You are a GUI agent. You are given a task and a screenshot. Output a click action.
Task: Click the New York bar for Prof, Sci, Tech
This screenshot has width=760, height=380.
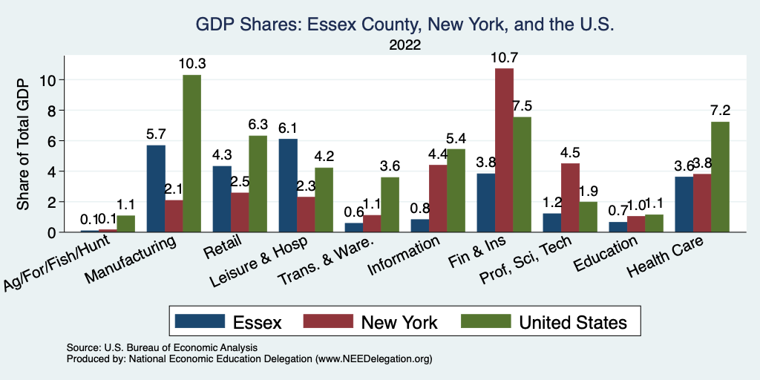click(570, 197)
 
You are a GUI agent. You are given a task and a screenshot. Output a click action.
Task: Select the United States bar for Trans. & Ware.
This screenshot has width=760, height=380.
click(390, 204)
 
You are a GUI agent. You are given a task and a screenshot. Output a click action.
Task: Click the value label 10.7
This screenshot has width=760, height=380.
click(504, 56)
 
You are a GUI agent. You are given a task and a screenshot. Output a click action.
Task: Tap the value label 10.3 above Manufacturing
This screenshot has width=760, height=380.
click(191, 63)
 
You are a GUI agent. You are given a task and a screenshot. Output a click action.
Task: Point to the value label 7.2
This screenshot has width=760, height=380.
click(720, 110)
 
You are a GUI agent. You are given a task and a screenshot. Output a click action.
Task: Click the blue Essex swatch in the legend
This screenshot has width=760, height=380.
click(200, 321)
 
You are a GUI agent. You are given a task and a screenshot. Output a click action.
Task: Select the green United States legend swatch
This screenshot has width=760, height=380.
click(485, 321)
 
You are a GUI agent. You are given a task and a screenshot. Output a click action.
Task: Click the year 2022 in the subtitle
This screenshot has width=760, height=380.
click(404, 45)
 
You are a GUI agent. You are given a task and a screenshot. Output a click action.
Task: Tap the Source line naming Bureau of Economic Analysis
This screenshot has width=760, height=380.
click(162, 347)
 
